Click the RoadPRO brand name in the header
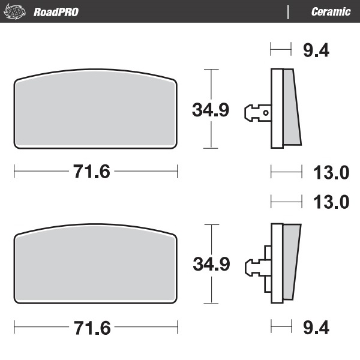click(56, 11)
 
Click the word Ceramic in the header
click(331, 11)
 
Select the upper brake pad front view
click(95, 113)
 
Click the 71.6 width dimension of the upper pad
click(92, 172)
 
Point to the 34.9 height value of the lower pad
click(210, 264)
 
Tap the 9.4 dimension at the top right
click(316, 50)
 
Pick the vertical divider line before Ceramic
click(289, 11)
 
